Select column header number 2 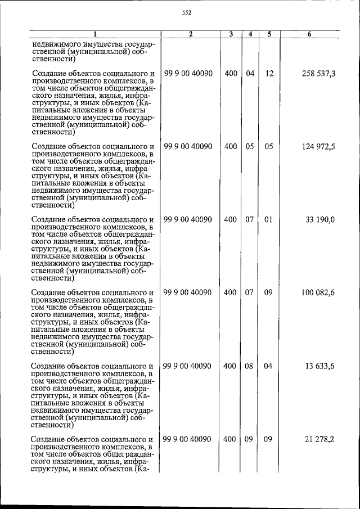tap(191, 35)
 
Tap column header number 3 tap(231, 35)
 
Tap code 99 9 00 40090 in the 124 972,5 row tap(188, 147)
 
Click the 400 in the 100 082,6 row tap(230, 293)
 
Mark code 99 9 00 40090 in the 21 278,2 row tap(188, 439)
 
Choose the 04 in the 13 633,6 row tap(269, 366)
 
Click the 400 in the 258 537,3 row tap(230, 74)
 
